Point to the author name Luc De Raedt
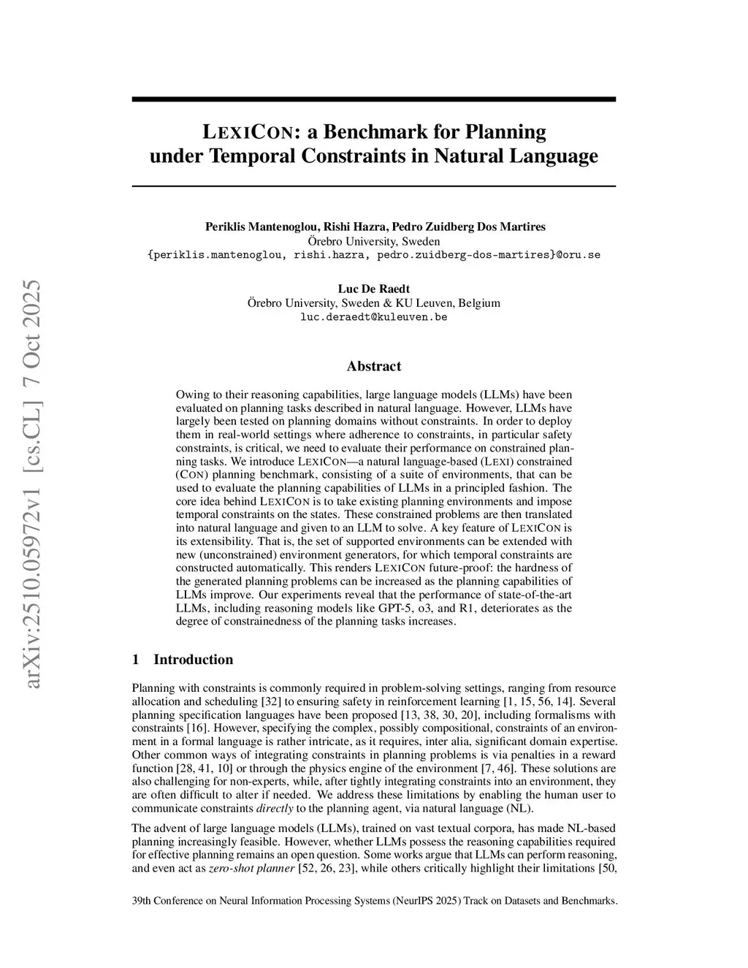[374, 289]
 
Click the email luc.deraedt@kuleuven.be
[374, 317]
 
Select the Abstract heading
[374, 366]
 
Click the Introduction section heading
[193, 660]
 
